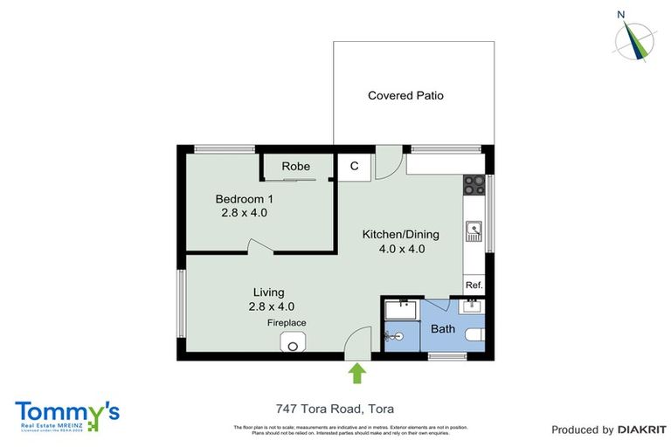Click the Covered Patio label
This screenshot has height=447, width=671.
(405, 95)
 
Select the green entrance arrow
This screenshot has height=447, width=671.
(356, 374)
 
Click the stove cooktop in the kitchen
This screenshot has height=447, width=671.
(474, 184)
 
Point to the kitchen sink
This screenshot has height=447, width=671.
(474, 230)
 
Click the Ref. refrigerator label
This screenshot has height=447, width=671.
(474, 285)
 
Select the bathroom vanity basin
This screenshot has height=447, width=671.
(473, 306)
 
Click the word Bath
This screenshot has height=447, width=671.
(443, 329)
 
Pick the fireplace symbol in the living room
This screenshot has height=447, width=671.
(292, 345)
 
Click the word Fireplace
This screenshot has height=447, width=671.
(287, 323)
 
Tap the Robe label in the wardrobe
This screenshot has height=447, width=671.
(295, 166)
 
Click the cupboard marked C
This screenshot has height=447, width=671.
(355, 166)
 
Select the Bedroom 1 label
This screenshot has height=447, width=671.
(245, 198)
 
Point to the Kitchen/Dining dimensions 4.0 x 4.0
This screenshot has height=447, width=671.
(402, 249)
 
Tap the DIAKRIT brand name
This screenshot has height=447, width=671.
(642, 430)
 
